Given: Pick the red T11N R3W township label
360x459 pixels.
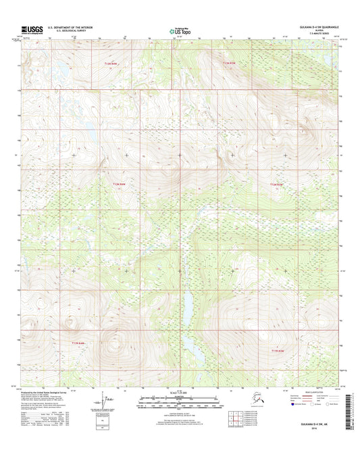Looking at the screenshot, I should click(278, 351).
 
